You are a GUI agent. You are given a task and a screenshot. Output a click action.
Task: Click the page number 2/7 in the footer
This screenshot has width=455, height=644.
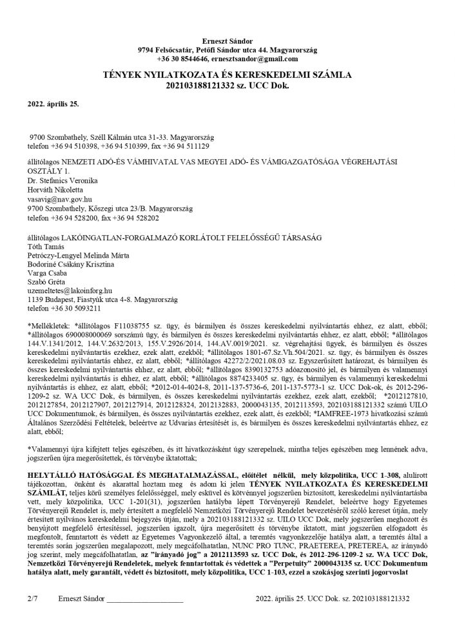(32, 616)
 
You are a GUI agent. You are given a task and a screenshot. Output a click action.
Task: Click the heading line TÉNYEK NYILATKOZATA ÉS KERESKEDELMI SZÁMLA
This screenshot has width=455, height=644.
(227, 75)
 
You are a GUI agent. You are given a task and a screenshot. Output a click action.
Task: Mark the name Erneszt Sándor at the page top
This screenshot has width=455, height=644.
(227, 41)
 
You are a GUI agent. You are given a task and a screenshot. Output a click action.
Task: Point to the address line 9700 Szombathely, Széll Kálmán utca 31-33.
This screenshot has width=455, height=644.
(122, 137)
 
